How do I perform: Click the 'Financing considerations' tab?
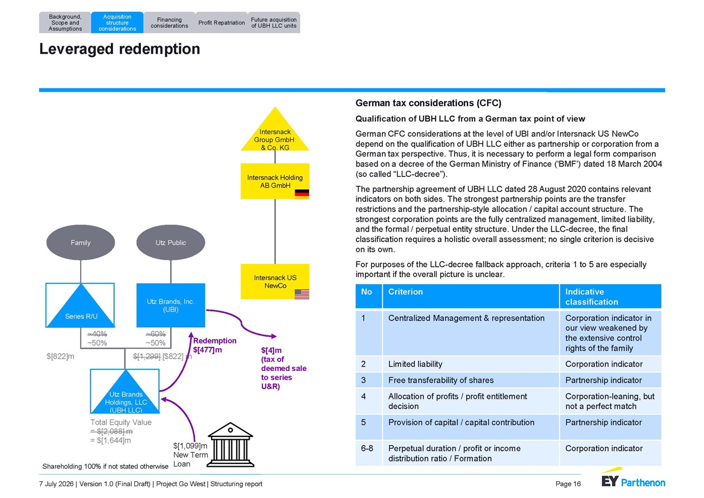coord(169,22)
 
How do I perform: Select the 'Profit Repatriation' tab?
coord(221,22)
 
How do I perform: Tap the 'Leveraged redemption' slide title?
coord(119,49)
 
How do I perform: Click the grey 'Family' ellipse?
coord(81,242)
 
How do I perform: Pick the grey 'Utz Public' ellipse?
coord(171,242)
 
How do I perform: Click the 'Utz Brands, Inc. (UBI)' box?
coord(171,306)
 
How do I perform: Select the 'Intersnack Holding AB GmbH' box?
coord(275,181)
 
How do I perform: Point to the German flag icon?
coord(302,194)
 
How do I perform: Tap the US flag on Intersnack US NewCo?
coord(302,294)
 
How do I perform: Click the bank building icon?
coord(231,445)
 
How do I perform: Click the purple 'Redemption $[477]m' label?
coord(215,345)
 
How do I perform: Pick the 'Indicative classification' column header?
coord(610,297)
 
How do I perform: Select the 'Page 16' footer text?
coord(568,484)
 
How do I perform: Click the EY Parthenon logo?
coord(633,478)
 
